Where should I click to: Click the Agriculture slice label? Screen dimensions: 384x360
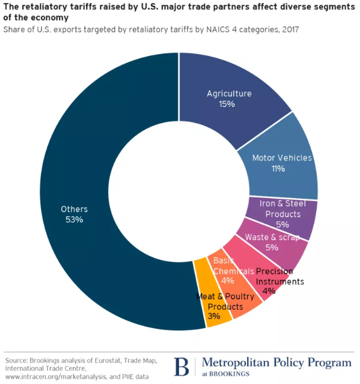pyautogui.click(x=229, y=93)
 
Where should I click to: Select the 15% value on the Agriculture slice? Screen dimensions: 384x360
pyautogui.click(x=226, y=104)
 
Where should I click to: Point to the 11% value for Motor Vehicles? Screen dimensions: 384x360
pyautogui.click(x=277, y=169)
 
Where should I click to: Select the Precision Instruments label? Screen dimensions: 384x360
pyautogui.click(x=280, y=276)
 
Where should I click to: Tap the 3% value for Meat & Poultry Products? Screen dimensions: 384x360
pyautogui.click(x=213, y=316)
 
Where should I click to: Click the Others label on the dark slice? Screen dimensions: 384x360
pyautogui.click(x=74, y=209)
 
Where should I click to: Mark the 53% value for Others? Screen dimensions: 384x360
pyautogui.click(x=74, y=219)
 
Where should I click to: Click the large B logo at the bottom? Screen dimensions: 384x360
pyautogui.click(x=181, y=366)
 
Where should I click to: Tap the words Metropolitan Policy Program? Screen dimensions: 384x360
pyautogui.click(x=276, y=362)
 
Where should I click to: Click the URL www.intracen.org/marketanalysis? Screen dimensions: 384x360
pyautogui.click(x=54, y=376)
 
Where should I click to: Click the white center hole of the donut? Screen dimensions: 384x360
pyautogui.click(x=178, y=190)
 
